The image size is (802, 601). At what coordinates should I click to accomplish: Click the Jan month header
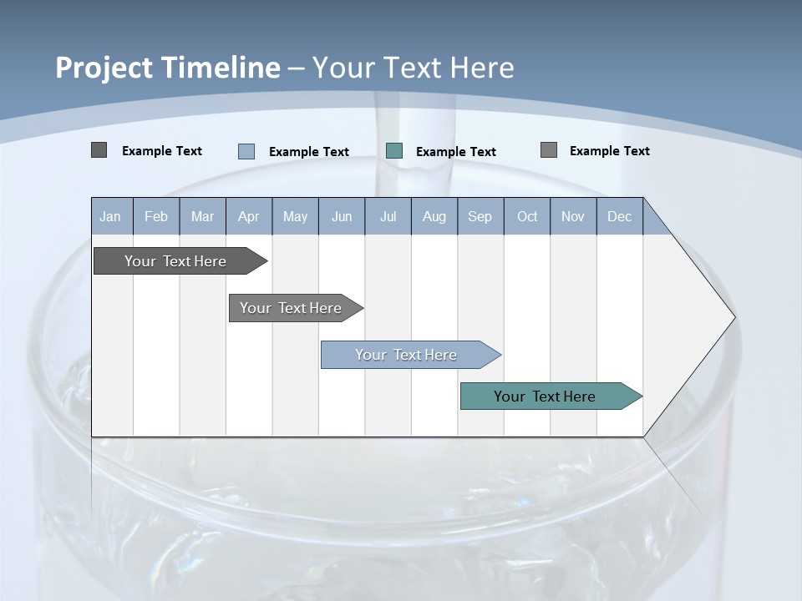coord(111,216)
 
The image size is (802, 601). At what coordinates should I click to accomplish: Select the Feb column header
coord(156,216)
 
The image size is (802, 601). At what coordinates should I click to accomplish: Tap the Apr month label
coord(249,216)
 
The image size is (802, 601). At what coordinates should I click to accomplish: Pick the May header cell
coord(295,216)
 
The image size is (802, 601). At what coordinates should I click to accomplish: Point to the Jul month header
coord(388,216)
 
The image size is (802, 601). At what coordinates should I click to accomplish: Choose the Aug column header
coord(434,216)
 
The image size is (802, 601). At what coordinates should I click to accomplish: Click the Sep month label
coord(480,216)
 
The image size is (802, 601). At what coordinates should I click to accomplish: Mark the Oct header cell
coord(527,216)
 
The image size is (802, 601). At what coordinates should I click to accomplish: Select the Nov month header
coord(573,216)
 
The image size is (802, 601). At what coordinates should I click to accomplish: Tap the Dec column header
coord(620,216)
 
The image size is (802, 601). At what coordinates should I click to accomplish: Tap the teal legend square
coord(394,151)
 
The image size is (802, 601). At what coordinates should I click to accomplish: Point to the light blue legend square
coord(246,151)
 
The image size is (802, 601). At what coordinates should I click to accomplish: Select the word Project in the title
coord(104,68)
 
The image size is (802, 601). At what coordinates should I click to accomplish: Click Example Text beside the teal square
coord(456,152)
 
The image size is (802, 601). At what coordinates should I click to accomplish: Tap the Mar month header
coord(202,216)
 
